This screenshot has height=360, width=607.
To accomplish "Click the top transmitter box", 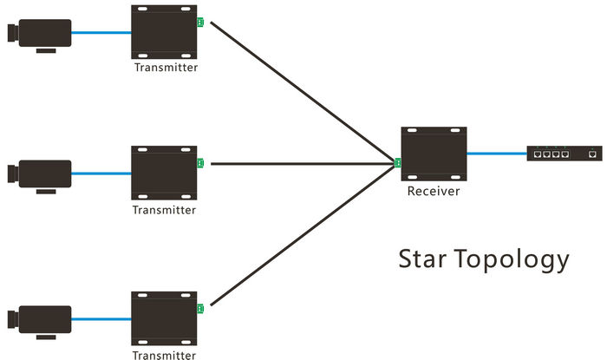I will pos(164,33).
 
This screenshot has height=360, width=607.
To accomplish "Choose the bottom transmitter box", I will pos(164,318).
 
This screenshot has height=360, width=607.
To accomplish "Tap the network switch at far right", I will pos(565,154).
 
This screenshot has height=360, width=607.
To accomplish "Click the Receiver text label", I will pos(434,191).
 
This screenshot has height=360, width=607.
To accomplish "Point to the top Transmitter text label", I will pos(165,67).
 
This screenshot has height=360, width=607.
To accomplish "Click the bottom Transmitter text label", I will pos(165,354).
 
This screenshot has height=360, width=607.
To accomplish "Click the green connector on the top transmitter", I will pos(200,23).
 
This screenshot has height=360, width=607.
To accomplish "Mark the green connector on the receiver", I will pos(398,162).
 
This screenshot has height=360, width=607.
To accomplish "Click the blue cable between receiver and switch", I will pos(496,154).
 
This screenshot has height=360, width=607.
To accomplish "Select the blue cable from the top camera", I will pos(100,34).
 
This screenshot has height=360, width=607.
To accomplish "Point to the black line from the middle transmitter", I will pos(295,163).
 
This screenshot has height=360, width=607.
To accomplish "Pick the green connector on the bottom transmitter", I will pos(200,309).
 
